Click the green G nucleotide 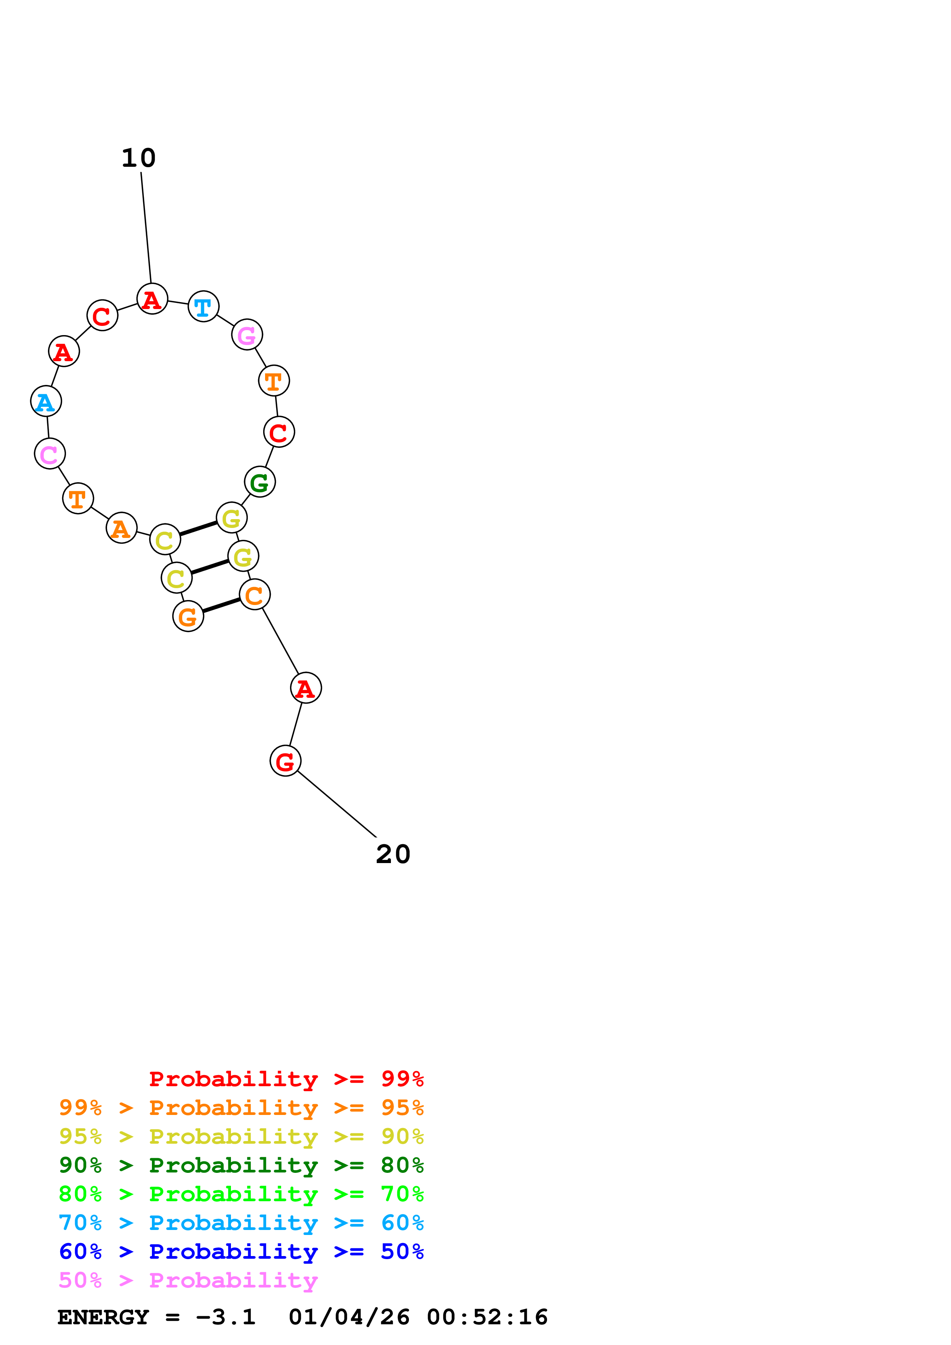point(260,482)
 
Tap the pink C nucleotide point(50,454)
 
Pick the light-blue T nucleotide point(203,306)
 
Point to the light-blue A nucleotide point(46,402)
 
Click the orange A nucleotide point(121,528)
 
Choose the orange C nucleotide point(255,595)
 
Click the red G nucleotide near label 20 point(285,761)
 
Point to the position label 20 point(393,854)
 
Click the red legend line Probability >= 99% point(286,1079)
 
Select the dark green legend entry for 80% point(241,1165)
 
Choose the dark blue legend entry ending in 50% point(241,1251)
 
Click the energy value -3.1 point(226,1317)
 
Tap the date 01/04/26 point(349,1317)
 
